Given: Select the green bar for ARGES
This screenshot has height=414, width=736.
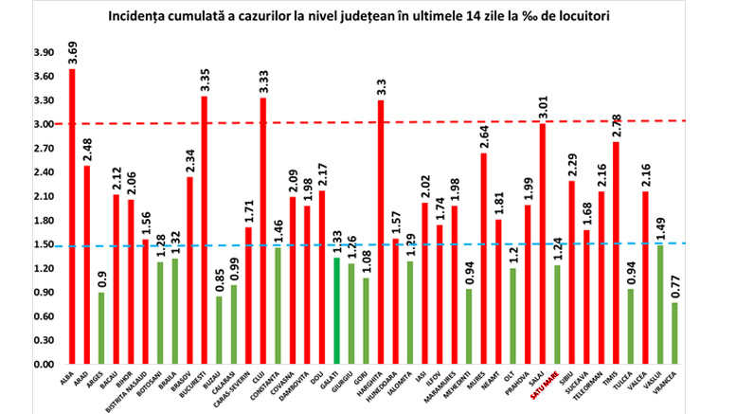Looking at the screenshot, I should [101, 328].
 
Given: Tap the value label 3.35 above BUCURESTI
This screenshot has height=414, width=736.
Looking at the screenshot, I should [205, 80].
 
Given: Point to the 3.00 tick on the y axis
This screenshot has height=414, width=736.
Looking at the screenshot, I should [43, 124].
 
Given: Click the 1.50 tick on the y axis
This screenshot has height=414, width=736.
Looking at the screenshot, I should [43, 244].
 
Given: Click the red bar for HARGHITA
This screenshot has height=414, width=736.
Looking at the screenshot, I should [381, 232].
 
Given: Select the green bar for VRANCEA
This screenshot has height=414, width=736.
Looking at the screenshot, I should [675, 333].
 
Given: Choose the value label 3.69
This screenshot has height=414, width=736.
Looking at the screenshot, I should [73, 52].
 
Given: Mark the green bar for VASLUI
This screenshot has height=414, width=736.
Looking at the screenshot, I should [660, 304].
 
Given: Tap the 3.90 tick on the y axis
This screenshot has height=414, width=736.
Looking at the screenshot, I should [43, 52].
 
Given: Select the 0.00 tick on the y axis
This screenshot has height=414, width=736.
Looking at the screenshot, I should [43, 365].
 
